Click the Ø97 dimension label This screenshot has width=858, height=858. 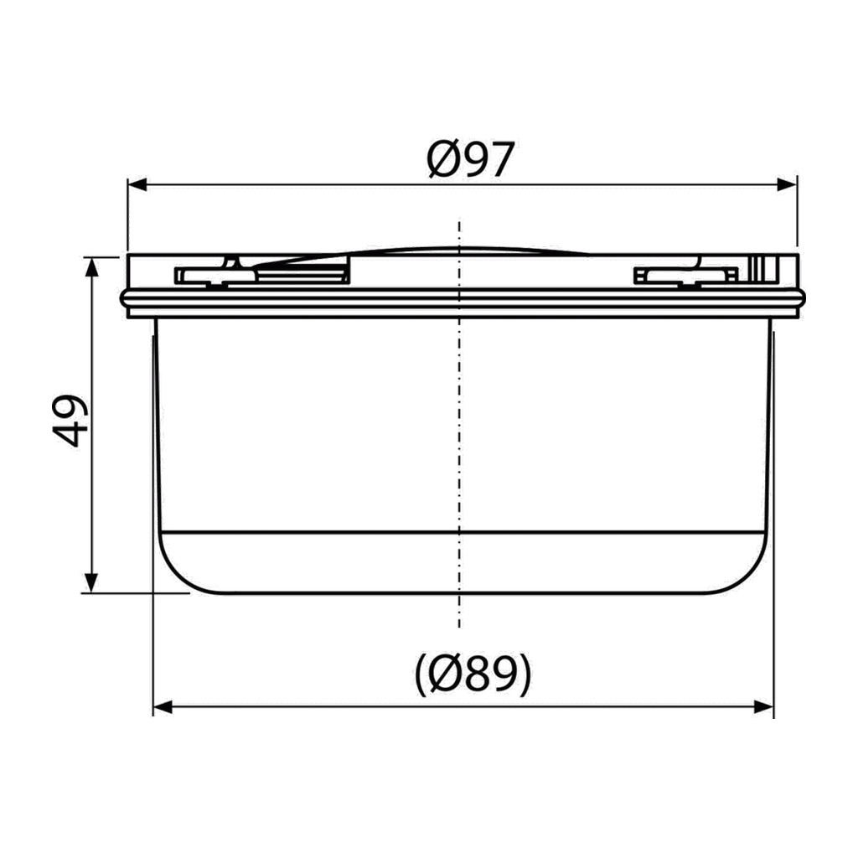click(x=470, y=160)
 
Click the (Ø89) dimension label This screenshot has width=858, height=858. click(x=473, y=674)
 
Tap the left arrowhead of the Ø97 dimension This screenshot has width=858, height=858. click(x=137, y=185)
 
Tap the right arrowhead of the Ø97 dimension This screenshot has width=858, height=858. click(x=787, y=185)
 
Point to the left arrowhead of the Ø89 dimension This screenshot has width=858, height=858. click(x=163, y=707)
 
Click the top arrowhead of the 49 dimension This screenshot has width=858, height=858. click(x=92, y=267)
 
